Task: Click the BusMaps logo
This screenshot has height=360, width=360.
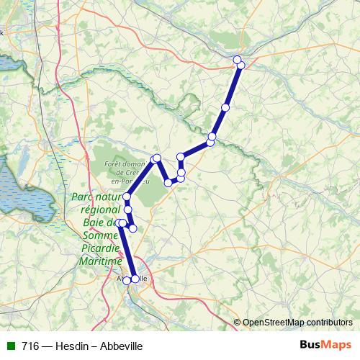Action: pos(325,346)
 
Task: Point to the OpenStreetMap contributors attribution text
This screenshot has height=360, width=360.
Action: pos(297,322)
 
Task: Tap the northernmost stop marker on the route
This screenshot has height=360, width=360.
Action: pos(238,59)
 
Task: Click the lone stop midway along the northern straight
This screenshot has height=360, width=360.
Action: pos(225,107)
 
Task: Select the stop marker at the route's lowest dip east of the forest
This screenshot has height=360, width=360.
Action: pos(168,183)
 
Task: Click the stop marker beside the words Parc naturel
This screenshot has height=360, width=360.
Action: pos(127,197)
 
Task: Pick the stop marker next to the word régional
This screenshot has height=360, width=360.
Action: pos(129,210)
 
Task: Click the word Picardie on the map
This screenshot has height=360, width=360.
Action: pos(102,248)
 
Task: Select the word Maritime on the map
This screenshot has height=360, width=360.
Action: pos(98,261)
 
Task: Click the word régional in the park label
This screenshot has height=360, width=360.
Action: pos(99,210)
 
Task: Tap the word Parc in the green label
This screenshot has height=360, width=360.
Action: pos(84,197)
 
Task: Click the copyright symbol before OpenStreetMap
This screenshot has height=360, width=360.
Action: pos(237,322)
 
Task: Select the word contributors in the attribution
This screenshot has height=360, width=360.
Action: pos(328,322)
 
